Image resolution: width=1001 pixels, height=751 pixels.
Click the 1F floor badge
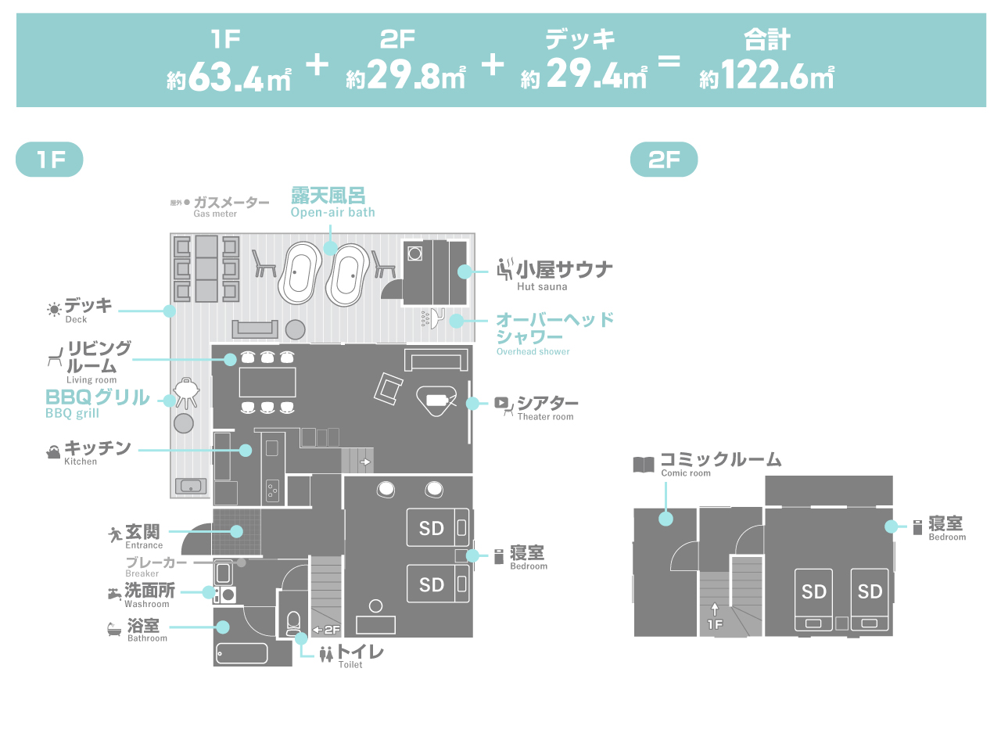(49, 160)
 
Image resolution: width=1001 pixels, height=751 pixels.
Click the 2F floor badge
(664, 160)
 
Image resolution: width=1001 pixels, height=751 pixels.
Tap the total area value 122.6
(766, 75)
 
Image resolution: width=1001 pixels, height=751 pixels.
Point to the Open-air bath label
(332, 202)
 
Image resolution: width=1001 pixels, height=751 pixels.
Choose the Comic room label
(719, 463)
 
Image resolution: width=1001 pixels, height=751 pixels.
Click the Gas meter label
(230, 207)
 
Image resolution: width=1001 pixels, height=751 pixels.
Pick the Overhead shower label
(554, 332)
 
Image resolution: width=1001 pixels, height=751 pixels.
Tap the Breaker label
(156, 566)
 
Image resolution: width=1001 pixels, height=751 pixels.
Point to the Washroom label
(149, 594)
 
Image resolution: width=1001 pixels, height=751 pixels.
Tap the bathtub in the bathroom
(242, 652)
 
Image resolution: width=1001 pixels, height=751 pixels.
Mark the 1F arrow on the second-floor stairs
(715, 618)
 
